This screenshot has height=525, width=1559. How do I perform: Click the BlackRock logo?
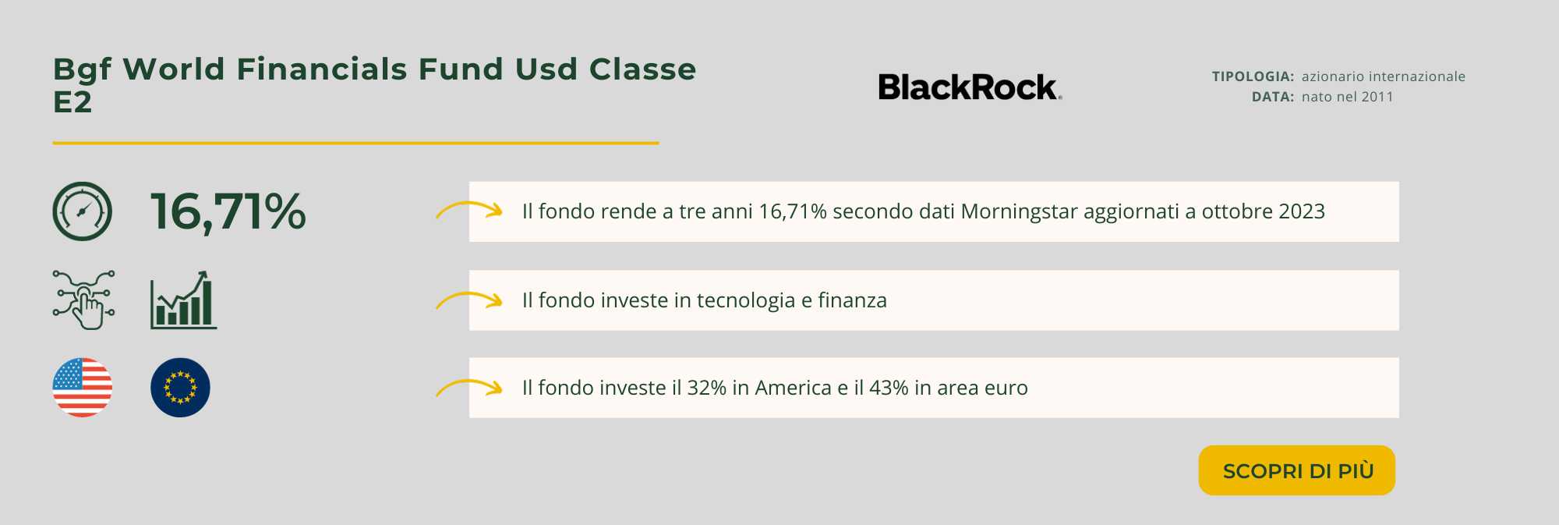click(969, 87)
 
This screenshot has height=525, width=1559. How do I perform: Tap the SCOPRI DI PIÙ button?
click(1297, 470)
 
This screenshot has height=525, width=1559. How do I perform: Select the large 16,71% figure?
click(228, 211)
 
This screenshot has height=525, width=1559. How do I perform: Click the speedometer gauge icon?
click(82, 211)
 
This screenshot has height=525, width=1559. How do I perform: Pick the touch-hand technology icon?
click(84, 300)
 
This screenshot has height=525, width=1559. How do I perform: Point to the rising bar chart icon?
click(183, 300)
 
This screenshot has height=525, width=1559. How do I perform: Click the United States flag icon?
click(82, 388)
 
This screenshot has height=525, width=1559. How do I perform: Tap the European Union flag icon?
click(180, 388)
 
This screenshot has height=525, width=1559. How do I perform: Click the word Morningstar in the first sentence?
click(1019, 211)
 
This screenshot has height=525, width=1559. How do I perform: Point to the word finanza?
click(852, 300)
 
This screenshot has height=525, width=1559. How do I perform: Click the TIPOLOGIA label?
click(1253, 76)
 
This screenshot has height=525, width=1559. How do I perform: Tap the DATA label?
click(1273, 97)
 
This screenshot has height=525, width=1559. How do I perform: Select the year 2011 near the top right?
click(1377, 97)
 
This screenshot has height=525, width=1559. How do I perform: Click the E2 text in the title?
click(72, 102)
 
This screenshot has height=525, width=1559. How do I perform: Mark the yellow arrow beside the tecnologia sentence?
click(469, 300)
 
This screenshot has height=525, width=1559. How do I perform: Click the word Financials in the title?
click(321, 69)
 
